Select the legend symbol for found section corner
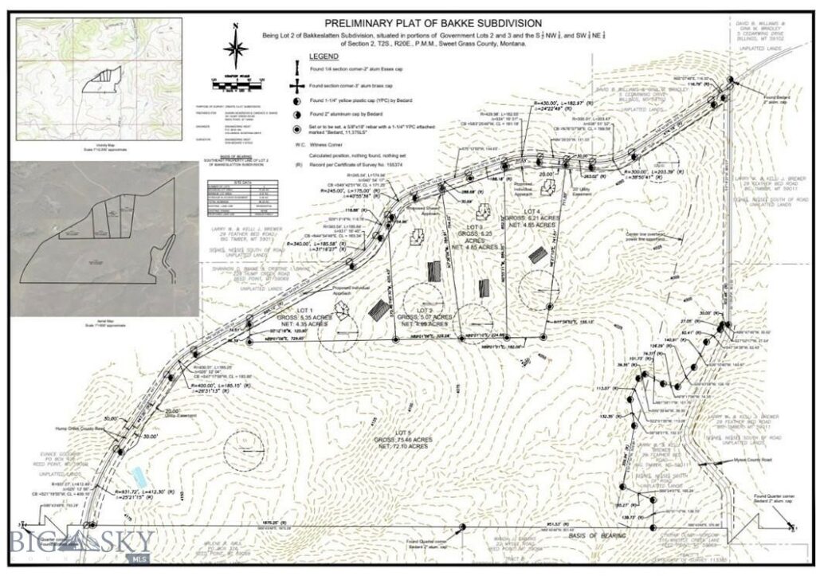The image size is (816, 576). coord(298,86)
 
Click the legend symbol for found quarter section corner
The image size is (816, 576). coord(298,69)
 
